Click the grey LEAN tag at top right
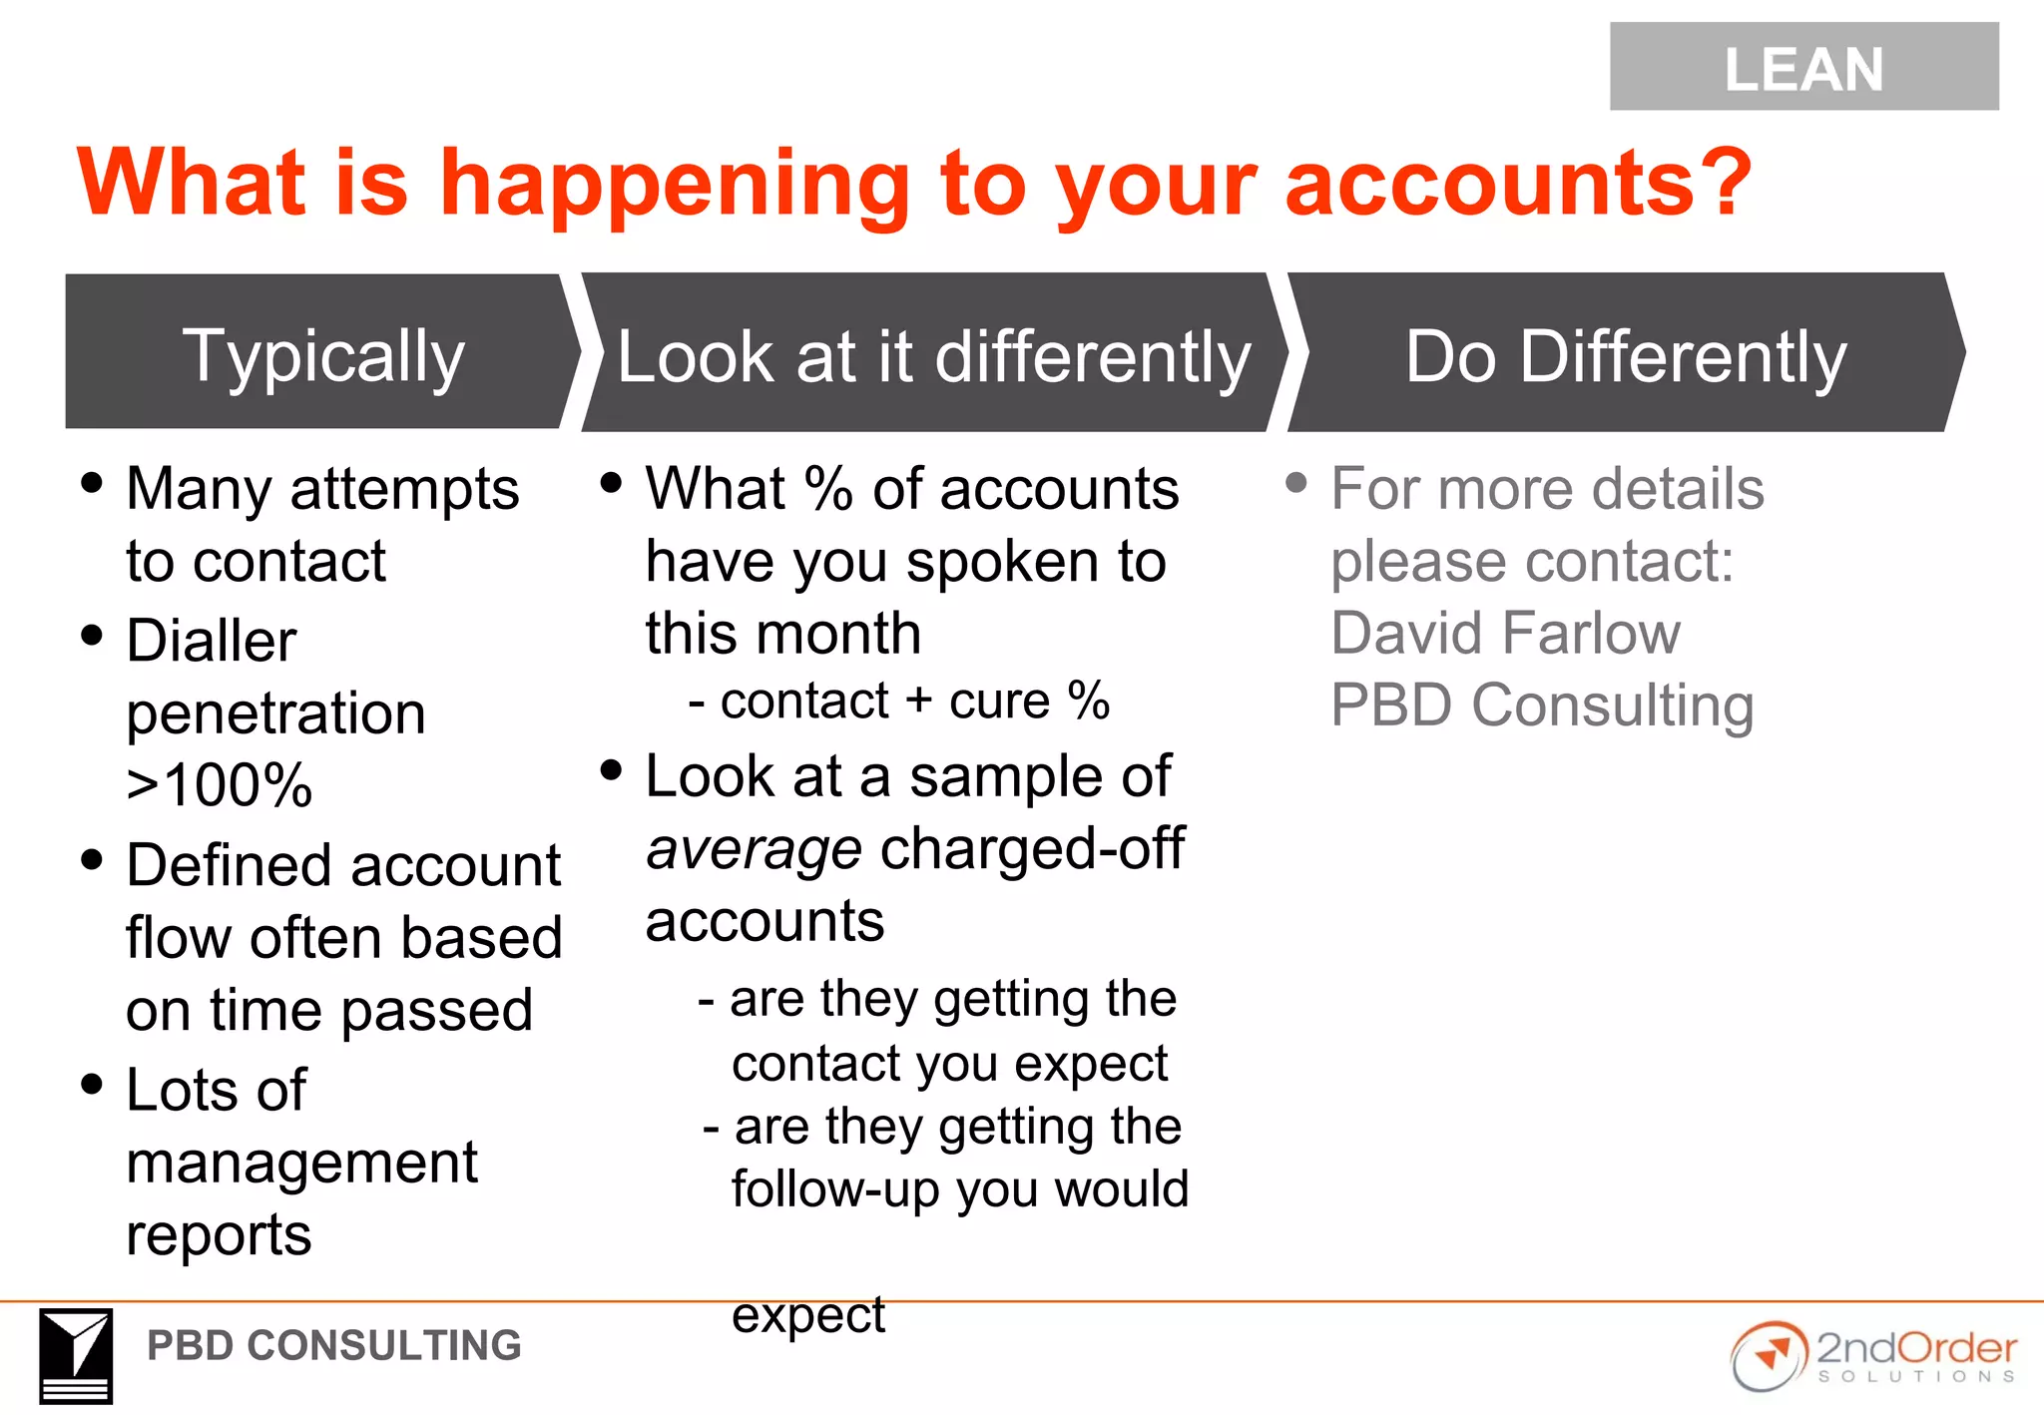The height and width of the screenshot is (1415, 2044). coord(1802,67)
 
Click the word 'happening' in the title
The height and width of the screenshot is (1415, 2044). coord(674,185)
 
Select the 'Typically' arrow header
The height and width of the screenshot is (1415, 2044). coord(322,355)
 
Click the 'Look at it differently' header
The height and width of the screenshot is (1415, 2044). coord(932,357)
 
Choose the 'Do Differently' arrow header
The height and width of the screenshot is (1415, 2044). coord(1625,357)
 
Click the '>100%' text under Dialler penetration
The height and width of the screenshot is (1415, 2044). coord(220,785)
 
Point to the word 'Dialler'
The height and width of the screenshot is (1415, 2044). coord(212,641)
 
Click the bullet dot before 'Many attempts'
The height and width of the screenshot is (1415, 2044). coord(92,484)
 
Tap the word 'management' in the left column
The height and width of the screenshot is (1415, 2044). coord(301,1163)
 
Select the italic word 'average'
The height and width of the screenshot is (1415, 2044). coord(754,850)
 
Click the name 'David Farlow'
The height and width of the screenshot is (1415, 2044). coord(1505,634)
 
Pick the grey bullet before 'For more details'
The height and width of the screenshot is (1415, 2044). coord(1295,484)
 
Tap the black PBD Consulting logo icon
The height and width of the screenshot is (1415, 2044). coord(76,1355)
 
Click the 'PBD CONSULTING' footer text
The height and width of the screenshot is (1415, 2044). coord(333,1346)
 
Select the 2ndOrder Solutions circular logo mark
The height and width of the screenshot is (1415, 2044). coord(1769,1356)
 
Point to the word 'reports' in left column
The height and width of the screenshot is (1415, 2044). coord(219,1235)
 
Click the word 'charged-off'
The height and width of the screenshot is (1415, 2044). coord(1032,849)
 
